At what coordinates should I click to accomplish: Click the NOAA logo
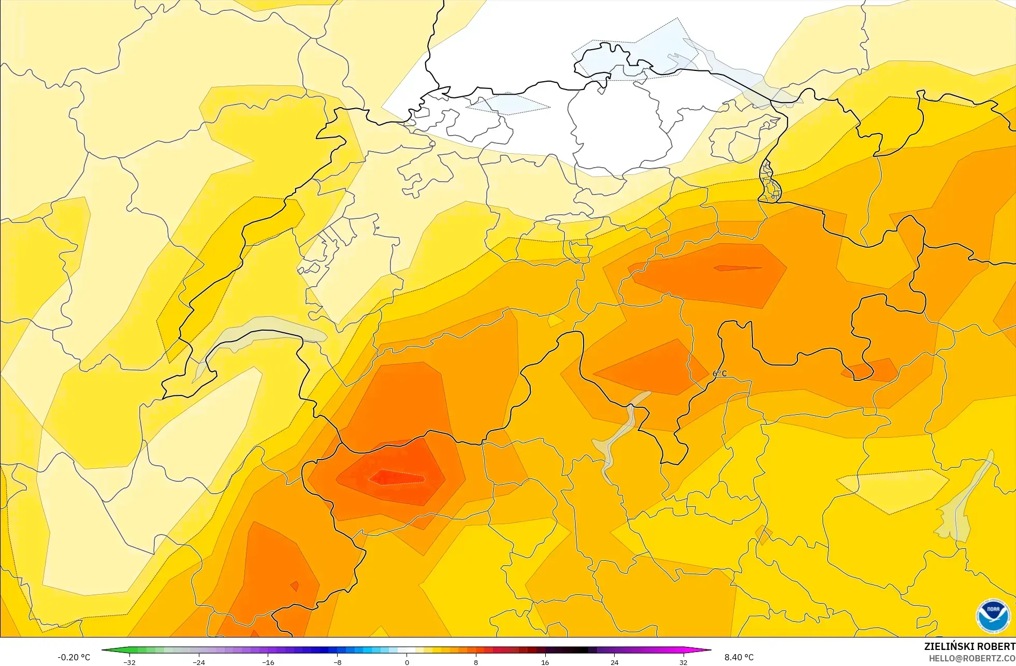pyautogui.click(x=993, y=616)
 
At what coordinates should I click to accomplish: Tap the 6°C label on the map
pyautogui.click(x=720, y=374)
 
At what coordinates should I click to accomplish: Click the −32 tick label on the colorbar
pyautogui.click(x=129, y=662)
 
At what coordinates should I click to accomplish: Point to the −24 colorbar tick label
pyautogui.click(x=199, y=662)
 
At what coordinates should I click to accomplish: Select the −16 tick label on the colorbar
pyautogui.click(x=268, y=662)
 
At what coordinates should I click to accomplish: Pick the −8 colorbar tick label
pyautogui.click(x=338, y=662)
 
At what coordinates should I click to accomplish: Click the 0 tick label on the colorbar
pyautogui.click(x=407, y=662)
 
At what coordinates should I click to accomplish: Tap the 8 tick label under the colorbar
pyautogui.click(x=476, y=662)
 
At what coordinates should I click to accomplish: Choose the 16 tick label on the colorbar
pyautogui.click(x=545, y=662)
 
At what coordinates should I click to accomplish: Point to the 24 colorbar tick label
pyautogui.click(x=614, y=662)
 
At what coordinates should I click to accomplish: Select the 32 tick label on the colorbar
pyautogui.click(x=684, y=662)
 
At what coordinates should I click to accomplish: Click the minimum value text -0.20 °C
pyautogui.click(x=74, y=657)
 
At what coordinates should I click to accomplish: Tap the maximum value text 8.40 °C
pyautogui.click(x=739, y=657)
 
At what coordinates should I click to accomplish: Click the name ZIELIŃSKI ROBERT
pyautogui.click(x=969, y=646)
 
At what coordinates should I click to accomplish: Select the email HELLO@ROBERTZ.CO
pyautogui.click(x=972, y=658)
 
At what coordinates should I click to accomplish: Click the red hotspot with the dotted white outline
pyautogui.click(x=396, y=476)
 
